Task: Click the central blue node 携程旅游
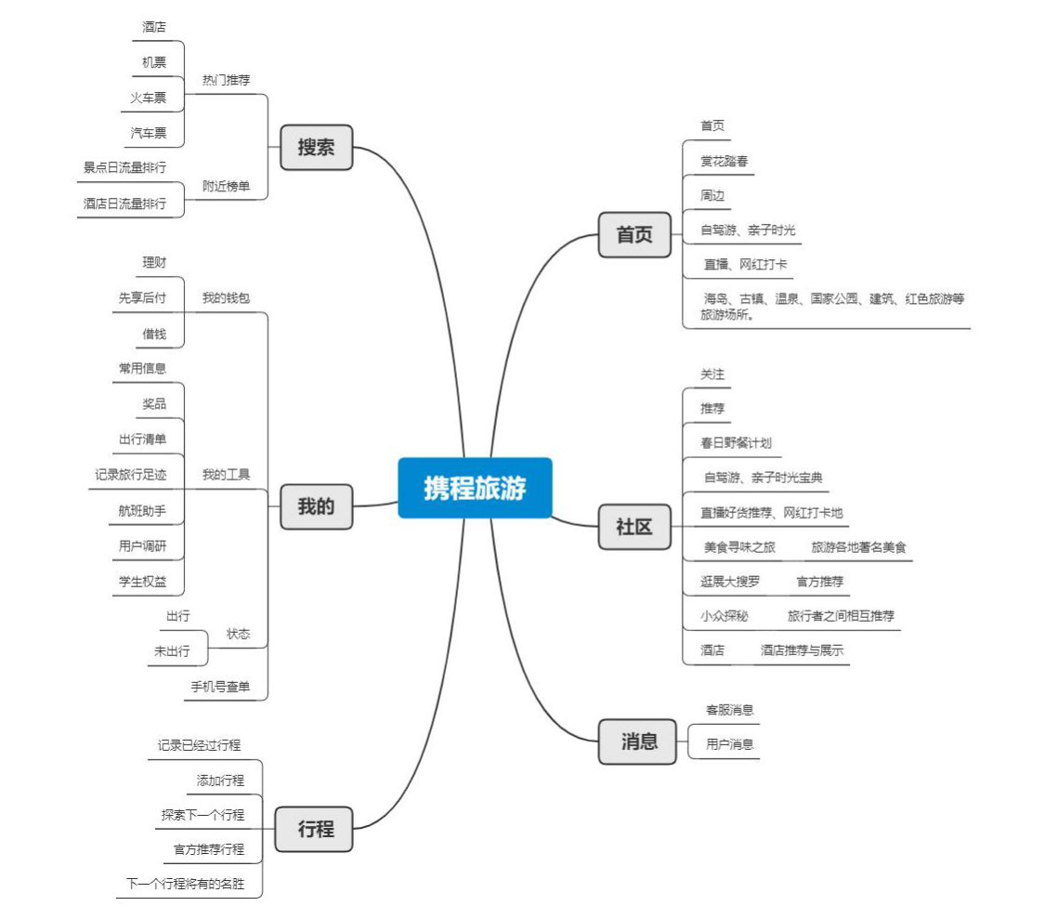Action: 475,488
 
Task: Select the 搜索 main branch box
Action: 316,147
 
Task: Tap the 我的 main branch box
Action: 316,506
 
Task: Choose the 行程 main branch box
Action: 316,829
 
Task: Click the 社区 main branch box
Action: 634,527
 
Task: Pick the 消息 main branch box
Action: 639,741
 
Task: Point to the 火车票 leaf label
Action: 149,98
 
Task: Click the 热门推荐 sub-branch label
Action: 227,80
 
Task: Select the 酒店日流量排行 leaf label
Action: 124,204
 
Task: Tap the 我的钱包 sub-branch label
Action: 227,298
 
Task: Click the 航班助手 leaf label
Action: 142,510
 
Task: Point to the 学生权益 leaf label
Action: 142,581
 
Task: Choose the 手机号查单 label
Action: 220,687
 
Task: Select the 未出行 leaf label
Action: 172,651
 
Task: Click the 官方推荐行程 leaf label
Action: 209,849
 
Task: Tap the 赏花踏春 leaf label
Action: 724,161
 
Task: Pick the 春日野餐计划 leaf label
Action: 736,443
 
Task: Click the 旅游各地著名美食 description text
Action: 858,547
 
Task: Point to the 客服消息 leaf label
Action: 729,710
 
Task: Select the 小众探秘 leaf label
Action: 724,616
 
